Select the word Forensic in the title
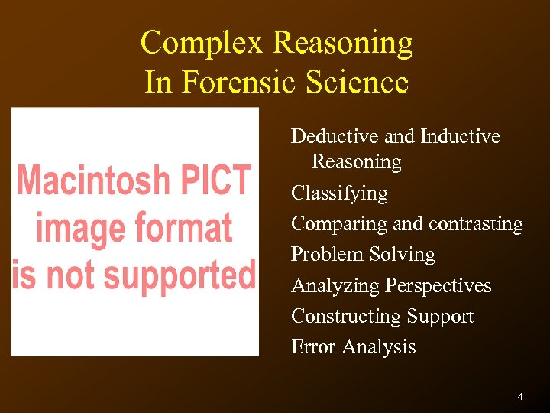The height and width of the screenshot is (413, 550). coord(238,82)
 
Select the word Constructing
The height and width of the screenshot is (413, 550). coord(346,317)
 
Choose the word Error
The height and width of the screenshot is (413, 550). coord(313,346)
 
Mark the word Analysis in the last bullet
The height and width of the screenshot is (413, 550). coord(379,347)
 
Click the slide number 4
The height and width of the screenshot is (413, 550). coord(520,397)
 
